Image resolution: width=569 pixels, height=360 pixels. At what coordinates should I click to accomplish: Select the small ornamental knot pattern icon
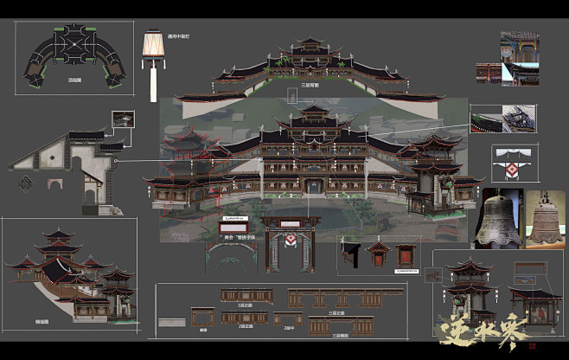(x=26, y=183)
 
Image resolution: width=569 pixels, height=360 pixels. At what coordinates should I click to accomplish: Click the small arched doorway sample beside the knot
(x=54, y=184)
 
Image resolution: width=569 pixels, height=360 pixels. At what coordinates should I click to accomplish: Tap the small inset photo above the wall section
(x=123, y=119)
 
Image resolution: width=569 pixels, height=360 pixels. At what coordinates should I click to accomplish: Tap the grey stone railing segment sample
(x=171, y=322)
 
